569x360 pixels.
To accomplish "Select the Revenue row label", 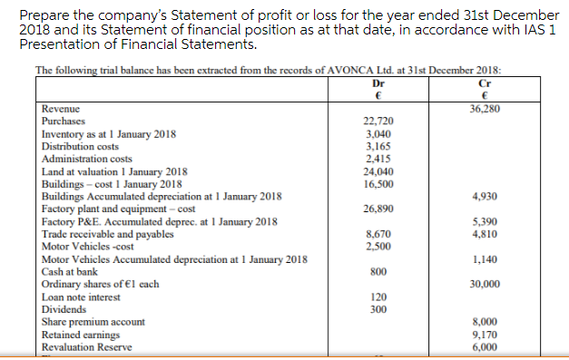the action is (x=61, y=108).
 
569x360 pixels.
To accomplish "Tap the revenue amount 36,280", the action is (x=486, y=108).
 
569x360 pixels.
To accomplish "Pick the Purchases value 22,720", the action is (x=378, y=121).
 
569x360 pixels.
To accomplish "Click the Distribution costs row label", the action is (x=81, y=145).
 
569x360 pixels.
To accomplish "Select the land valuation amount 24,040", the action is (x=378, y=170).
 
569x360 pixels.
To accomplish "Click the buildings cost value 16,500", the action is (x=378, y=183).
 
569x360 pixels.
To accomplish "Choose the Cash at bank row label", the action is (x=70, y=271).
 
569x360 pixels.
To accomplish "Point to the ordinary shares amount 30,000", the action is (x=486, y=284).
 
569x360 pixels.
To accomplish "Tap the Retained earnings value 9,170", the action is (x=486, y=334).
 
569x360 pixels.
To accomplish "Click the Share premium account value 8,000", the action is (x=486, y=321).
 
